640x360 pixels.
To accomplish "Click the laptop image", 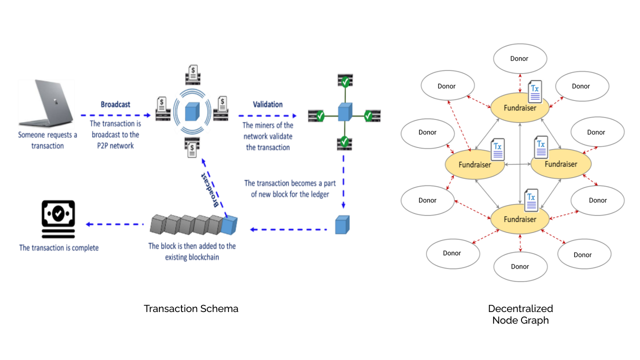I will click(46, 103).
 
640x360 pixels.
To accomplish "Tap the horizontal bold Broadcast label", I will click(115, 104).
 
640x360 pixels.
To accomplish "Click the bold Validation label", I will click(267, 104).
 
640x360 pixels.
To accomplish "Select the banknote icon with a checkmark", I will click(58, 219).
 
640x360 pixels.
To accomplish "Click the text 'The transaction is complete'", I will click(58, 247).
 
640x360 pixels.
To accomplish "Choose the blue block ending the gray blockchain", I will click(229, 226).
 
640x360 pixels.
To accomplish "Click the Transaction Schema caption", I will click(191, 308).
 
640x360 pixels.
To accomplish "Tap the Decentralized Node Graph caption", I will click(520, 314).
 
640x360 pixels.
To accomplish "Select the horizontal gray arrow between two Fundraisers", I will click(517, 164).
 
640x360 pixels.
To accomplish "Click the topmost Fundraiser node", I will click(520, 107).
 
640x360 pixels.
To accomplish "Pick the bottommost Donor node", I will click(520, 266).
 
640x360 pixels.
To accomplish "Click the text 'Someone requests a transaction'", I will click(47, 140).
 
